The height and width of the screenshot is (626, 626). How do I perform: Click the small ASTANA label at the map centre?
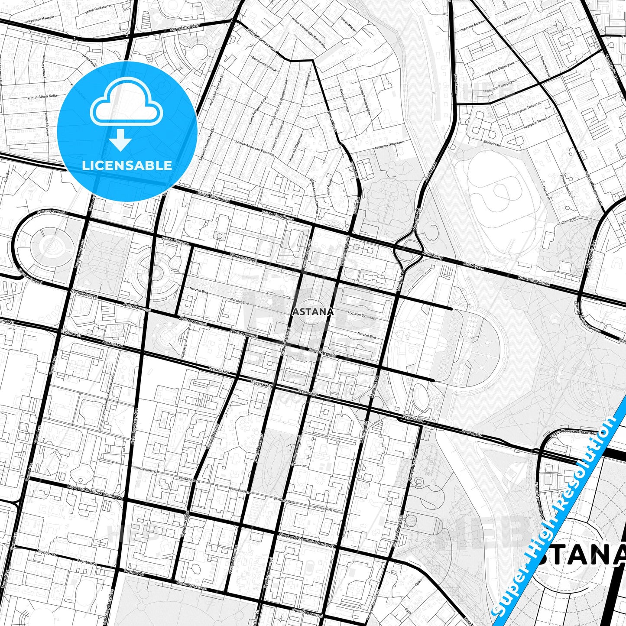(x=314, y=311)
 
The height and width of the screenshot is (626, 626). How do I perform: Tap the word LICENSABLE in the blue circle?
(x=127, y=165)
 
